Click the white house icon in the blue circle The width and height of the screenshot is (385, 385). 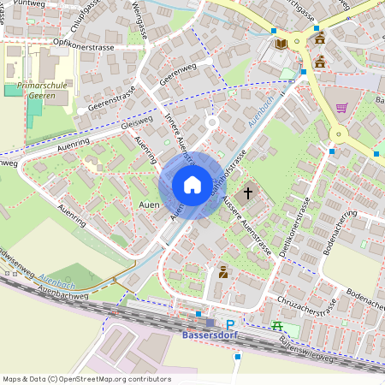tap(192, 185)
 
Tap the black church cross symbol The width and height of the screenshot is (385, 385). tap(249, 192)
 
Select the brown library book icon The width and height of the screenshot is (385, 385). tap(281, 44)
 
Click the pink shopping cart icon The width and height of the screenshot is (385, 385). tap(342, 108)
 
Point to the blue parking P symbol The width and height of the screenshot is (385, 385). tap(229, 324)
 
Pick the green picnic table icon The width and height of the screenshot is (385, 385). tap(276, 325)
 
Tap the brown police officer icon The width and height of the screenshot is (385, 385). tap(223, 272)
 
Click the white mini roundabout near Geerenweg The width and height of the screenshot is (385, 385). tap(211, 122)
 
